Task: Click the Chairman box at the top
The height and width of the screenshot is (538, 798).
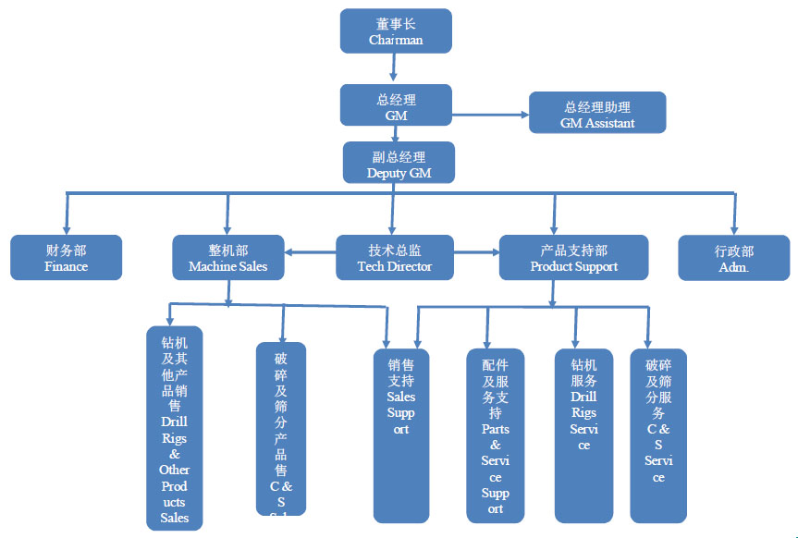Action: [x=396, y=31]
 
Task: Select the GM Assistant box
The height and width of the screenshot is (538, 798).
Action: [x=597, y=113]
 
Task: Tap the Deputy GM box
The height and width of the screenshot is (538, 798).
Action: [x=399, y=162]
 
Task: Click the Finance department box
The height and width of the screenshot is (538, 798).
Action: [x=66, y=257]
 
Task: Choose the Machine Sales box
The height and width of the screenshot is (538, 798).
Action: [x=227, y=257]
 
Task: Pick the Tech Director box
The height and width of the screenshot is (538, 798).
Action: [x=395, y=257]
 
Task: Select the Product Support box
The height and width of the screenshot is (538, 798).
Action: [x=573, y=257]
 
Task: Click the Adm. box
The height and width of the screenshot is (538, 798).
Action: [x=733, y=257]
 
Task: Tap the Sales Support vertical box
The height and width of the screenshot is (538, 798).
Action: [x=401, y=434]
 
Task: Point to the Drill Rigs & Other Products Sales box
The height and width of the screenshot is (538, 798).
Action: [x=174, y=428]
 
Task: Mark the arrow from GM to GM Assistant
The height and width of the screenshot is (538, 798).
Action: [x=490, y=115]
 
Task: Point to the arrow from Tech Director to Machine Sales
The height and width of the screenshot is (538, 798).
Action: [x=309, y=251]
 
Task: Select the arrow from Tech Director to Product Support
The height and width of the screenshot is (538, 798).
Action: [x=476, y=251]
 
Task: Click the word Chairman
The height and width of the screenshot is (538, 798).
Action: [x=396, y=40]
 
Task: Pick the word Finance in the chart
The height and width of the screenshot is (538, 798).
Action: [x=66, y=266]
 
